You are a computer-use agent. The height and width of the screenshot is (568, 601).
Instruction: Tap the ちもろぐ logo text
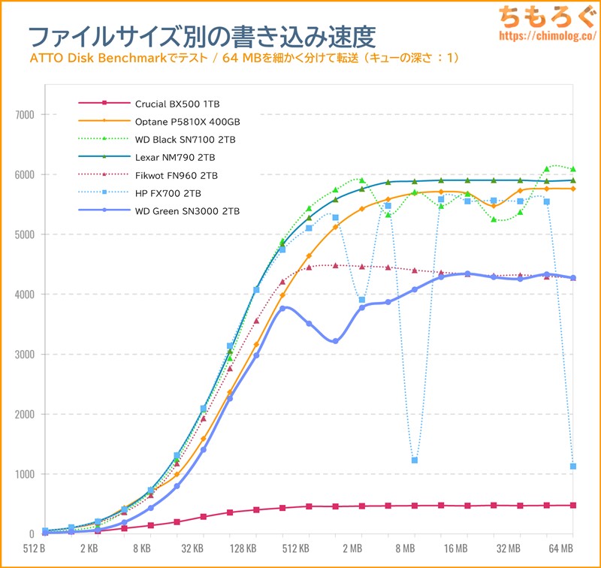548,17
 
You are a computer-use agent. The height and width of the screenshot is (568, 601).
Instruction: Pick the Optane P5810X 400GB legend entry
187,121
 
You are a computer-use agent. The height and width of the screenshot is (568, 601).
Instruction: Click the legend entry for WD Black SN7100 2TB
186,139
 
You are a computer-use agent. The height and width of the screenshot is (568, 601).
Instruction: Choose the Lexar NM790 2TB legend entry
175,157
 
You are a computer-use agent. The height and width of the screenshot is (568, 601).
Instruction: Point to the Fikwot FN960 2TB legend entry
177,175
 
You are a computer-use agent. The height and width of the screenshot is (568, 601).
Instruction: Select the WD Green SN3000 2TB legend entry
187,212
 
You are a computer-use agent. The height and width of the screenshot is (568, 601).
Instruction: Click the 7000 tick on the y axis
25,115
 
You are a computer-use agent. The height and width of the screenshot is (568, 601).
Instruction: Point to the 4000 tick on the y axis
25,295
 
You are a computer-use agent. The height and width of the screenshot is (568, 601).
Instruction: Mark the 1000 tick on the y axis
25,474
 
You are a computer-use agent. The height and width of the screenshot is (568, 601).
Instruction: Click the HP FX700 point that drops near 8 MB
415,460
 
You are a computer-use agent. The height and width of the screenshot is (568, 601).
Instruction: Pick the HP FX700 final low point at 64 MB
573,466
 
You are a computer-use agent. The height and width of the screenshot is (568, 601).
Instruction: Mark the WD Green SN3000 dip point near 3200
335,341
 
